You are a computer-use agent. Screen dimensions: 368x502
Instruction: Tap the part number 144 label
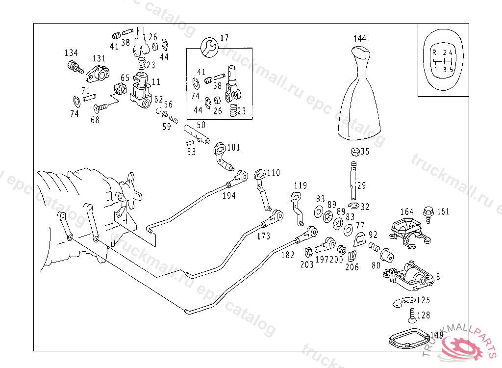pos(360,38)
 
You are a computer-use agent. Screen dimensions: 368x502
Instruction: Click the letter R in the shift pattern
pos(434,52)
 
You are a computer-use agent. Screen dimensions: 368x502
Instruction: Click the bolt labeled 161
pos(427,212)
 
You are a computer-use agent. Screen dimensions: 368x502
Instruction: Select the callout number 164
pos(406,212)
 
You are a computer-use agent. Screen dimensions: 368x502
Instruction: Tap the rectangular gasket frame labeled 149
pos(406,340)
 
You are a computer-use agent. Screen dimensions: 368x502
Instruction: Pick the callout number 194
pos(228,195)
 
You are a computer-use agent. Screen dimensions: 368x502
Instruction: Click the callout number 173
pos(263,237)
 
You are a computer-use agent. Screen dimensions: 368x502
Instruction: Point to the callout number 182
pos(288,255)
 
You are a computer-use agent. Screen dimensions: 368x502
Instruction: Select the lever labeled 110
pos(261,186)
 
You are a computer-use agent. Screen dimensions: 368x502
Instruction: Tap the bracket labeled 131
pos(97,73)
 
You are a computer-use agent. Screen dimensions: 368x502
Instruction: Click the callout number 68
pos(95,120)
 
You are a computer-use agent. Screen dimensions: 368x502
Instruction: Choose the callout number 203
pos(307,264)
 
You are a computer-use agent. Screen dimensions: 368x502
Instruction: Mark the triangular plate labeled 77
pos(359,238)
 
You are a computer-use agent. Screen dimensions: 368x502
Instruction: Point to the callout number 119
pos(300,185)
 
